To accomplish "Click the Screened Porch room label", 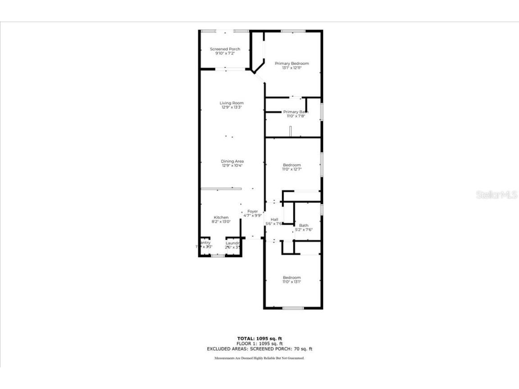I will [225, 49].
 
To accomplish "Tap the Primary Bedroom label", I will [292, 63].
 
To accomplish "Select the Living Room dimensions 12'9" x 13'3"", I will [232, 108].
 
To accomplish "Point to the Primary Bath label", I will [295, 112].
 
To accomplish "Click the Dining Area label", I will [232, 161].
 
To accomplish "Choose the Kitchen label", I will [221, 217].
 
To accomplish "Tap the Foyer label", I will [252, 211].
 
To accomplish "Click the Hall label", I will [274, 219].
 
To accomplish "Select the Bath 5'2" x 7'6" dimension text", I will [303, 230].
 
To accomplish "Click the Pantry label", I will [204, 243].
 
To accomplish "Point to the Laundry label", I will [232, 243].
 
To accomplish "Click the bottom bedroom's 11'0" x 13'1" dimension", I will [291, 282].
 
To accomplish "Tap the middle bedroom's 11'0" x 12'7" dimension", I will [291, 169].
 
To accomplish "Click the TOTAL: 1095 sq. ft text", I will [259, 338].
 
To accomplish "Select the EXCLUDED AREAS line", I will [259, 348].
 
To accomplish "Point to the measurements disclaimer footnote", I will [259, 358].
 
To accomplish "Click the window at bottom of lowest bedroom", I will [293, 308].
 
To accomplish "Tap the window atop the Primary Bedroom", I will [293, 31].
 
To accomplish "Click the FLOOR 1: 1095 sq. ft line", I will [259, 344].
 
